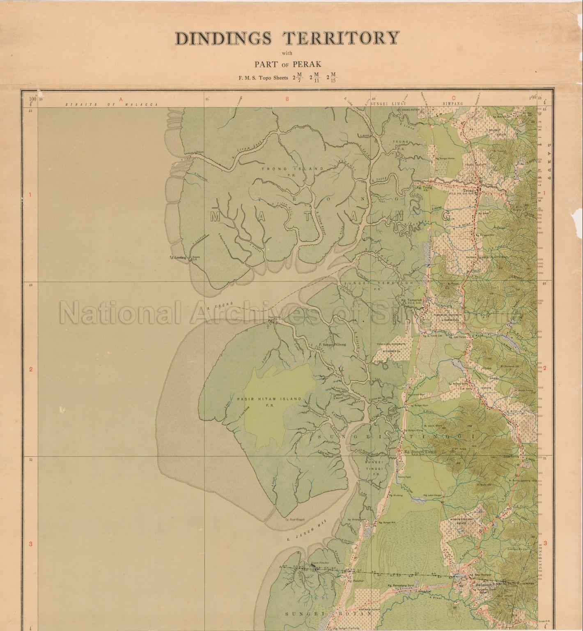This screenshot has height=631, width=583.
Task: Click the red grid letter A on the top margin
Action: point(121,99)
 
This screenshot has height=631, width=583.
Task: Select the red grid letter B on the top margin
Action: point(287,99)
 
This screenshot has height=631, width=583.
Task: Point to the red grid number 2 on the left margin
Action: point(30,369)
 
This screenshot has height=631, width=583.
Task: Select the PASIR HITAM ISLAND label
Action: point(269,399)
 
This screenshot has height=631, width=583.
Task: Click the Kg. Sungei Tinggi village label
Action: point(420,451)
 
